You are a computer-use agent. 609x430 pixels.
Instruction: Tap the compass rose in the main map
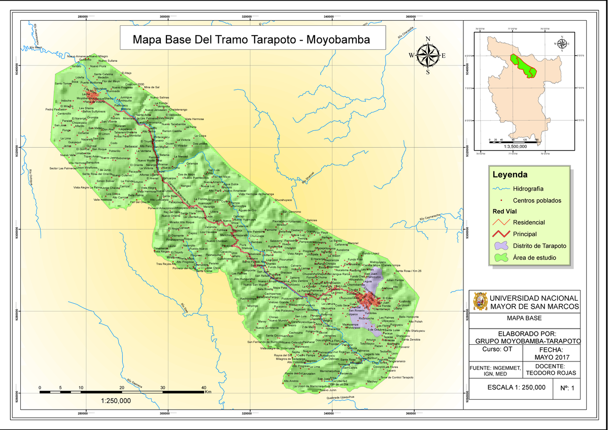click(x=428, y=55)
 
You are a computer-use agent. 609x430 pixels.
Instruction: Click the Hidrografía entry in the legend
click(x=530, y=188)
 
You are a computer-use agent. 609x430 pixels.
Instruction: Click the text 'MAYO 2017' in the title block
click(x=550, y=357)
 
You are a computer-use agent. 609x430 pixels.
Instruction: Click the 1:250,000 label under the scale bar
click(x=116, y=401)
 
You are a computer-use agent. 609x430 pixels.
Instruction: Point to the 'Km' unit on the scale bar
click(x=208, y=391)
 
